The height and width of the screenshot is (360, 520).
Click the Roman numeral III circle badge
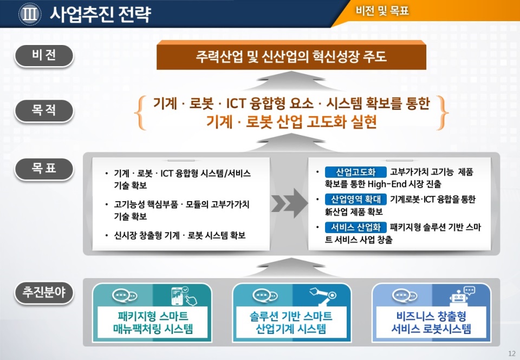[x=30, y=14]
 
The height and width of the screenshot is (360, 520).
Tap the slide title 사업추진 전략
[x=101, y=14]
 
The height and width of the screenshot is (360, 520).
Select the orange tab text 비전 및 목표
[x=382, y=11]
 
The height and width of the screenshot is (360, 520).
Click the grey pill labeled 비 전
[x=44, y=55]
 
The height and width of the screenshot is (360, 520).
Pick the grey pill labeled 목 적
[x=44, y=111]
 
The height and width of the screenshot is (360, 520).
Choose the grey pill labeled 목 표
[x=44, y=169]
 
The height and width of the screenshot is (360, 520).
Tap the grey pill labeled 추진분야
[x=44, y=293]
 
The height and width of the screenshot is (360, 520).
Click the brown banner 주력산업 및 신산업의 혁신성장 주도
[x=291, y=55]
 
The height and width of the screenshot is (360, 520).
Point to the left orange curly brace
[x=140, y=113]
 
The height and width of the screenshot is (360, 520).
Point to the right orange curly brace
[x=443, y=113]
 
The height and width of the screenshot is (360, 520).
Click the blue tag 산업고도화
[x=355, y=172]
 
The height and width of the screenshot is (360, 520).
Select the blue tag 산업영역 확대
[x=355, y=199]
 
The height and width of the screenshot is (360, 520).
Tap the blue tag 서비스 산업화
[x=355, y=227]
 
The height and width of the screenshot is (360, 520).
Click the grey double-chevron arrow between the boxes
[x=289, y=203]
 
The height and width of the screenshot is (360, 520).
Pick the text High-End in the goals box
[x=387, y=184]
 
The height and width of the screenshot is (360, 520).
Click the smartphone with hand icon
[x=184, y=296]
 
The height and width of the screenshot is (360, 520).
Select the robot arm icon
[x=323, y=296]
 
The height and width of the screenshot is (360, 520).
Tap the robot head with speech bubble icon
[x=462, y=295]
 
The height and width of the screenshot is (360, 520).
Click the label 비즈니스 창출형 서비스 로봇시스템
[x=431, y=322]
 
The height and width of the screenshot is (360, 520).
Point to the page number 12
[x=511, y=353]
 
